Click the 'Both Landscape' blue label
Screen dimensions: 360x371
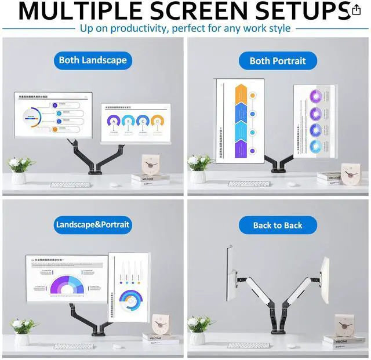click(x=93, y=60)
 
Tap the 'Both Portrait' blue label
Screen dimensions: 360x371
click(x=278, y=60)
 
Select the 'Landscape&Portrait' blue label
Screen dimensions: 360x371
click(x=93, y=224)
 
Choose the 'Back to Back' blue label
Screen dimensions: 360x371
click(x=278, y=225)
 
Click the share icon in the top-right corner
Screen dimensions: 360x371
click(x=356, y=10)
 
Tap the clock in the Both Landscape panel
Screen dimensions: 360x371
click(x=152, y=165)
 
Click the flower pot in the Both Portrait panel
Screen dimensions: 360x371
click(x=198, y=176)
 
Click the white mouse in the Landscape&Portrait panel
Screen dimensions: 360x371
click(x=117, y=347)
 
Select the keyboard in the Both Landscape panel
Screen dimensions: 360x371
click(x=70, y=185)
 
